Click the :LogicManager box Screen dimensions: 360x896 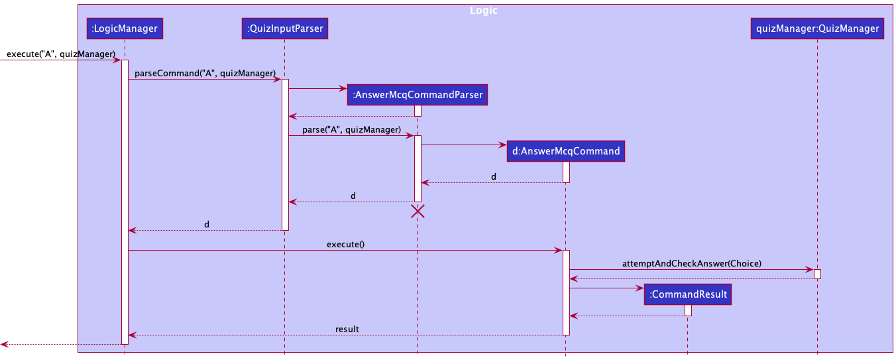click(125, 29)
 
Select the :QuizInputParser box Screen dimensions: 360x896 click(284, 29)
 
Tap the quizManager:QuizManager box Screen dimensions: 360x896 click(817, 29)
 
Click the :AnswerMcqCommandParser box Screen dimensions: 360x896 click(418, 95)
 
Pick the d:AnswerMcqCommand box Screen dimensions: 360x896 click(565, 151)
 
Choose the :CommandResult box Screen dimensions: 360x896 click(687, 294)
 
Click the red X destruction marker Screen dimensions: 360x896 click(418, 211)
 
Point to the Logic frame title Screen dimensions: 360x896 click(483, 11)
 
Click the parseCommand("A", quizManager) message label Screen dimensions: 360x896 click(205, 73)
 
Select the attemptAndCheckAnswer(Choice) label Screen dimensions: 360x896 click(691, 263)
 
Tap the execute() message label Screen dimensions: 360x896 click(345, 244)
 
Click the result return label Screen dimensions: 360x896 click(347, 329)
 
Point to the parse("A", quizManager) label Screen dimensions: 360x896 click(351, 129)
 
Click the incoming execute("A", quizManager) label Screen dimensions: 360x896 click(61, 54)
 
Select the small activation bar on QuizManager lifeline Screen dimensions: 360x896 click(817, 274)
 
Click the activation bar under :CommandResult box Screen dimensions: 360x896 click(688, 310)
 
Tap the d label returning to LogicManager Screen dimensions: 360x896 click(207, 224)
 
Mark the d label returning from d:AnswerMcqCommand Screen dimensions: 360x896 click(493, 177)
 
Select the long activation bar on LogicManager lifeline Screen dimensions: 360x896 click(125, 199)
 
